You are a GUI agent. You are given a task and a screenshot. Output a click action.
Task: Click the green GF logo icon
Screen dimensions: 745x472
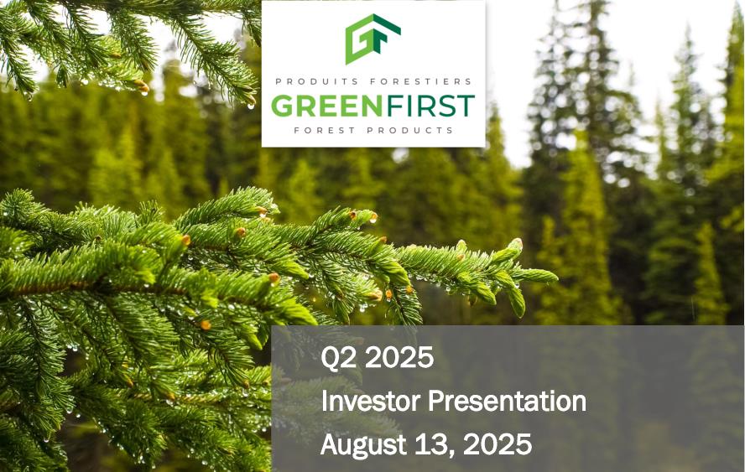pyautogui.click(x=372, y=39)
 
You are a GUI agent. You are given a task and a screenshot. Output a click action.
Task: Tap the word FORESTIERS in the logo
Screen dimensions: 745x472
pyautogui.click(x=420, y=81)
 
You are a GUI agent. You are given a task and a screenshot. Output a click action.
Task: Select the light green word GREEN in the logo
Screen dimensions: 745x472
pyautogui.click(x=326, y=106)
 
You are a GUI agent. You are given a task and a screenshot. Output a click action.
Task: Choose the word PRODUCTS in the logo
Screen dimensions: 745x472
pyautogui.click(x=410, y=130)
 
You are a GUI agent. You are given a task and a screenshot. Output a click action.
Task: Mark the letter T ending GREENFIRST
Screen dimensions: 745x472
pyautogui.click(x=466, y=106)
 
